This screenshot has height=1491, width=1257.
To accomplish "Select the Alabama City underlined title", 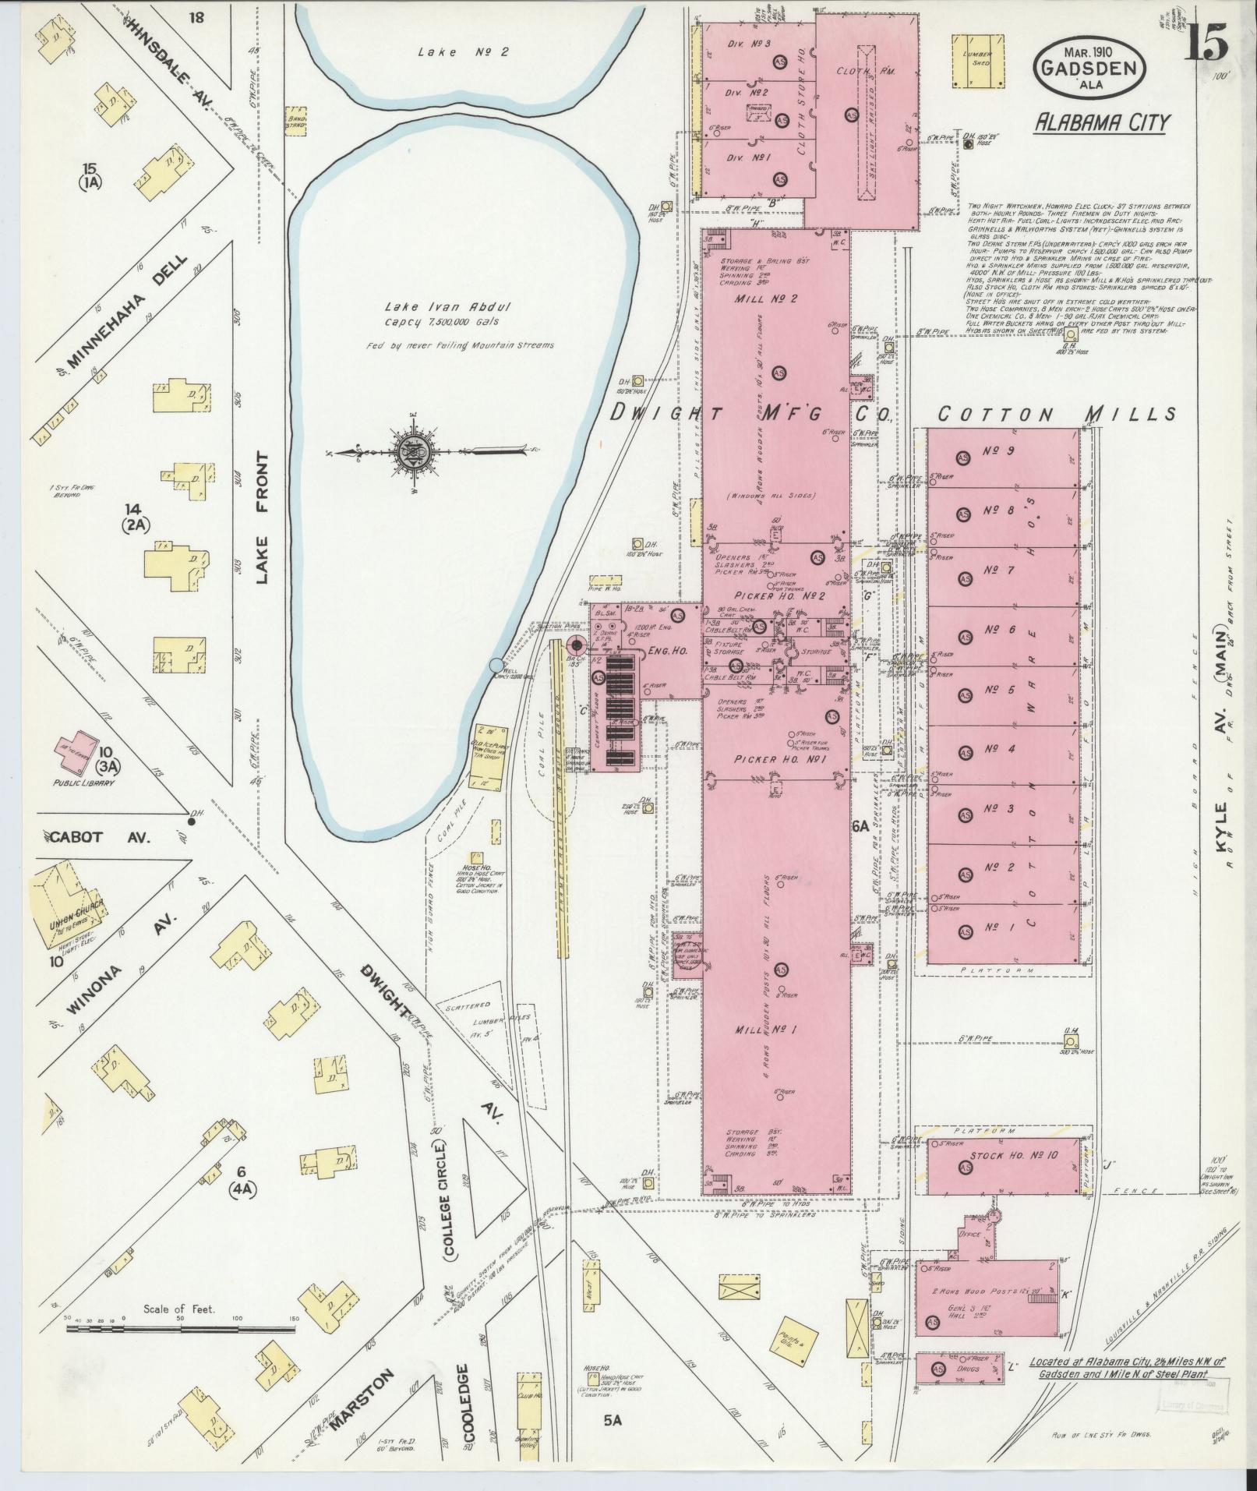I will (x=1100, y=122).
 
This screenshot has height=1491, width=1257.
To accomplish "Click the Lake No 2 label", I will (x=462, y=52).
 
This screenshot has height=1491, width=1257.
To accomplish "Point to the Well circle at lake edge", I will (x=496, y=665).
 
